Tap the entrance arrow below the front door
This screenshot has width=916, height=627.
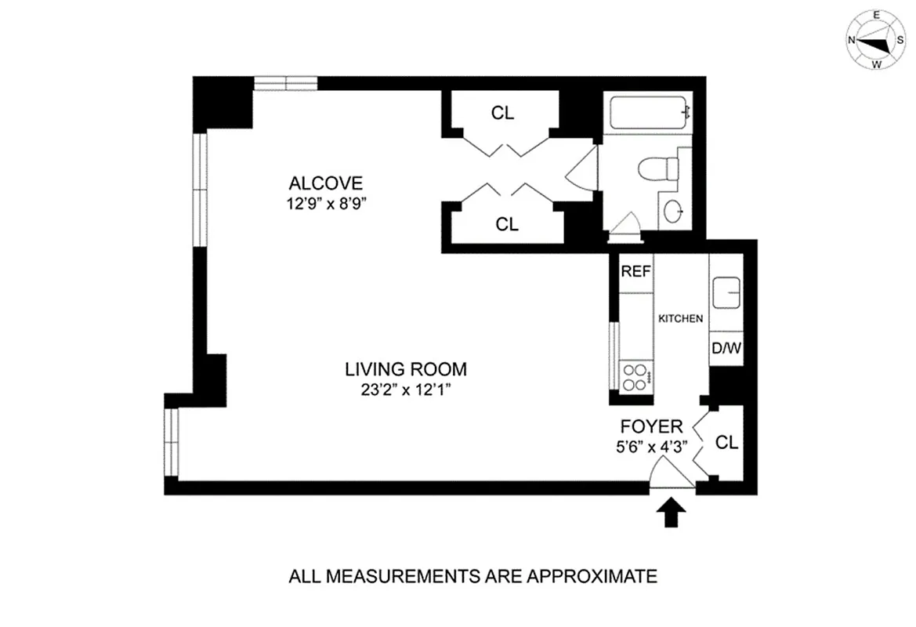[x=671, y=513]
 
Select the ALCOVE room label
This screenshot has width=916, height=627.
[x=326, y=183]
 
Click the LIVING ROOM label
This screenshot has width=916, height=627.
[x=406, y=368]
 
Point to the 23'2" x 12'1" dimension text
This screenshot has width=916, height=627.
[x=406, y=390]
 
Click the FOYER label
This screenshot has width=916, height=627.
[x=651, y=427]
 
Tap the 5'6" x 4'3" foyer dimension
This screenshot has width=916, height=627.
[x=651, y=449]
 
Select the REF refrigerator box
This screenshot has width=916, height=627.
[x=636, y=272]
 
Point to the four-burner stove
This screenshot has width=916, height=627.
[x=635, y=378]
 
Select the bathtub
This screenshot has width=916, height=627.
[x=650, y=113]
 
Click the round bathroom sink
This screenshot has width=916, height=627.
[x=674, y=211]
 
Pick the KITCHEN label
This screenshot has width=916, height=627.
[x=679, y=319]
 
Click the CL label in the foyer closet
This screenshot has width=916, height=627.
[x=727, y=443]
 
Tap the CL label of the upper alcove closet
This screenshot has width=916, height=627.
[x=502, y=113]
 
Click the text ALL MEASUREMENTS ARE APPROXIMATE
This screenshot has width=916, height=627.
[x=472, y=578]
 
